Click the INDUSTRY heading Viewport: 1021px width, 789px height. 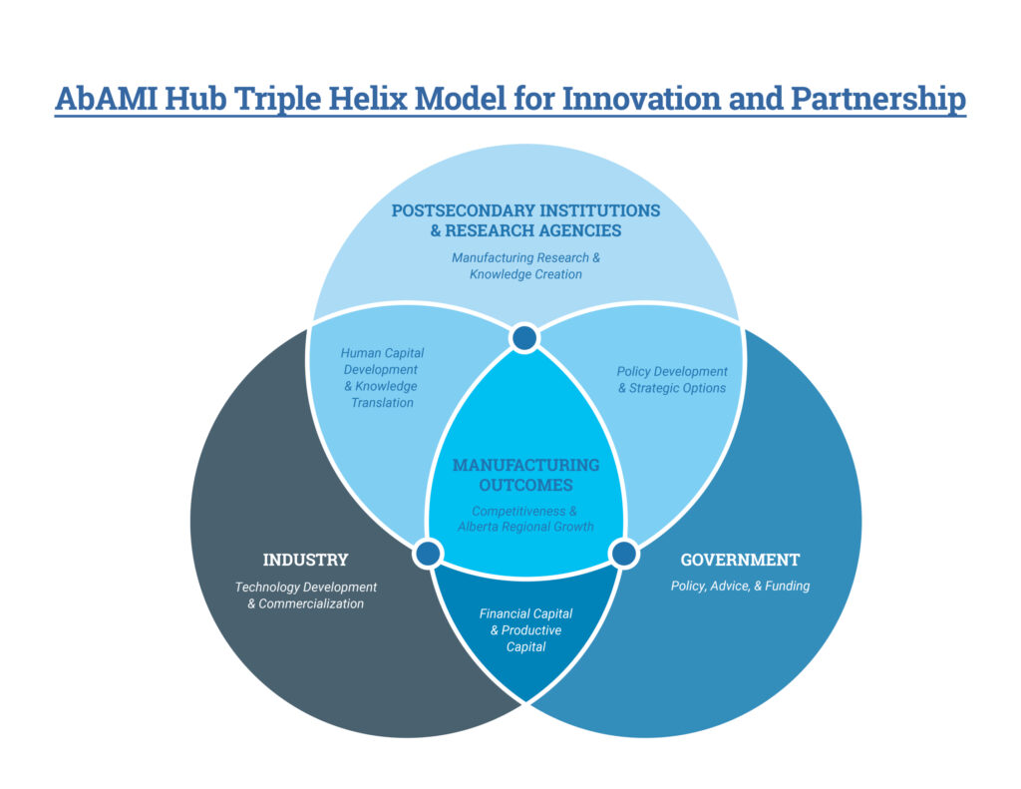click(x=305, y=560)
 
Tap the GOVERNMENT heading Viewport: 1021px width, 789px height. click(x=740, y=560)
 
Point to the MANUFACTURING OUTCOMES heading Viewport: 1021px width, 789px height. click(x=525, y=475)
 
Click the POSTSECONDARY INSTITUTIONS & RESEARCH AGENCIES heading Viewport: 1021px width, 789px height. click(x=525, y=220)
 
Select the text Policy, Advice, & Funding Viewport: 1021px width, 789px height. click(x=740, y=587)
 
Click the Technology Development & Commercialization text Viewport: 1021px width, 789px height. click(x=305, y=594)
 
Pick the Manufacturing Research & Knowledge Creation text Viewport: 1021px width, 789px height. click(x=525, y=265)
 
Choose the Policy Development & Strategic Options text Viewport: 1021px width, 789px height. click(x=671, y=380)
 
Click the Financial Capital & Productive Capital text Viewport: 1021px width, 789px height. click(x=525, y=630)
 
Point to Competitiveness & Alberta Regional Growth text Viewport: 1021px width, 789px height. click(x=525, y=519)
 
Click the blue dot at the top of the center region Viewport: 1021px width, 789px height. click(x=524, y=338)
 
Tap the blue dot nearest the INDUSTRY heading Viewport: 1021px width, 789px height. click(x=428, y=554)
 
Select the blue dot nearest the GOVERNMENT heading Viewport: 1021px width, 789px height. click(x=623, y=554)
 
